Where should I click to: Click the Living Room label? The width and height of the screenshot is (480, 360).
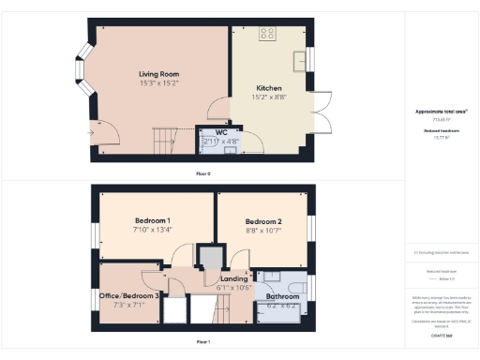click(158, 74)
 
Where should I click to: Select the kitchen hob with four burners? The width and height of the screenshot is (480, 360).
click(267, 35)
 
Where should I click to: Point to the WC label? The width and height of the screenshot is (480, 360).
click(221, 132)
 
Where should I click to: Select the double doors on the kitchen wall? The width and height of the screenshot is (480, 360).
click(322, 115)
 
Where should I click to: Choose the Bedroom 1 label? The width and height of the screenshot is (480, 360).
click(151, 220)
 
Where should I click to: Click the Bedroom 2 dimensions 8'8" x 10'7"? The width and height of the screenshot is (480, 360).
click(263, 230)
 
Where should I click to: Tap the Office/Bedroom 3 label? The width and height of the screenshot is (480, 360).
click(130, 295)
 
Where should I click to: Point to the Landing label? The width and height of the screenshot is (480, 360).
click(233, 279)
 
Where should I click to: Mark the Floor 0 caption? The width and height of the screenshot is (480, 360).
click(202, 174)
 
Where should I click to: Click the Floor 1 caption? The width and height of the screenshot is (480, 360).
click(202, 342)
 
